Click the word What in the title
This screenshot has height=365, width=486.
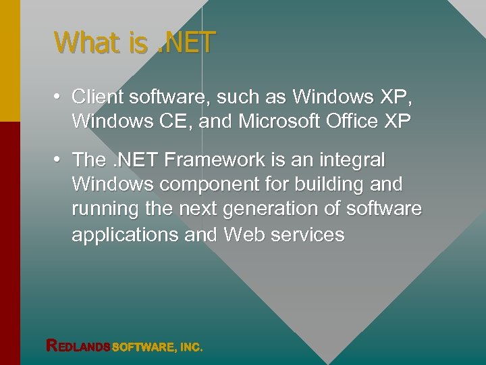[x=86, y=43]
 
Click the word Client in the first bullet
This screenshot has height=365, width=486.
[x=97, y=97]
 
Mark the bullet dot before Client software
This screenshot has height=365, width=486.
[x=59, y=97]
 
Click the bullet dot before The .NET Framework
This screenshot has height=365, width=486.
[x=59, y=160]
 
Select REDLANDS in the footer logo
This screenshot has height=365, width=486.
[x=78, y=346]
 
